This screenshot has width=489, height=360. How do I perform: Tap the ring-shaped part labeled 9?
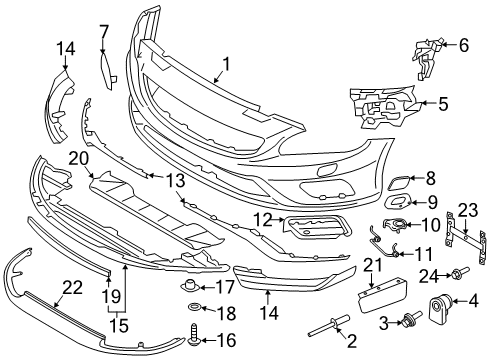pos(395,204)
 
